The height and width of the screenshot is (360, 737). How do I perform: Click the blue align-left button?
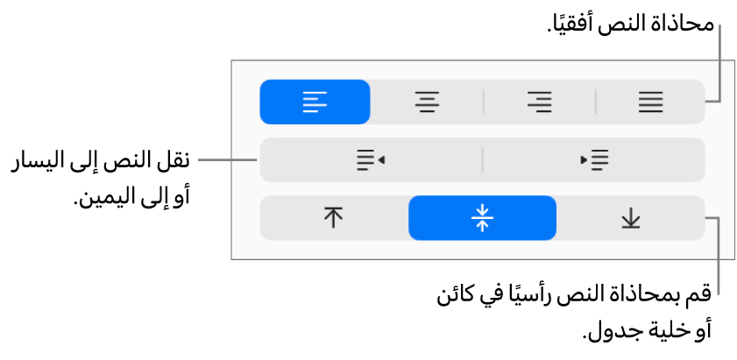tap(315, 102)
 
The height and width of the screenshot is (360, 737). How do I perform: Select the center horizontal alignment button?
tap(427, 102)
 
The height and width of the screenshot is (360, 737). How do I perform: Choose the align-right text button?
tap(539, 102)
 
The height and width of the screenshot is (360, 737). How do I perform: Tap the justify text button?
tap(650, 102)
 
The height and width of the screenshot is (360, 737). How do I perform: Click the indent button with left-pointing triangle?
tap(371, 159)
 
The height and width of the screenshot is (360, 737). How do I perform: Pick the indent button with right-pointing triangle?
tap(594, 159)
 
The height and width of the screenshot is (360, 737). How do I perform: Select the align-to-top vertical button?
tap(333, 218)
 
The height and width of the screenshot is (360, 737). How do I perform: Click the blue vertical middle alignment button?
tap(482, 218)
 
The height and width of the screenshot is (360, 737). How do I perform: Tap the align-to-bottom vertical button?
tap(631, 218)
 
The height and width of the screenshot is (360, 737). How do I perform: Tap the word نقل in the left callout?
tap(174, 161)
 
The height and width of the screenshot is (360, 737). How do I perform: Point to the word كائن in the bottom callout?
tap(455, 298)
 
